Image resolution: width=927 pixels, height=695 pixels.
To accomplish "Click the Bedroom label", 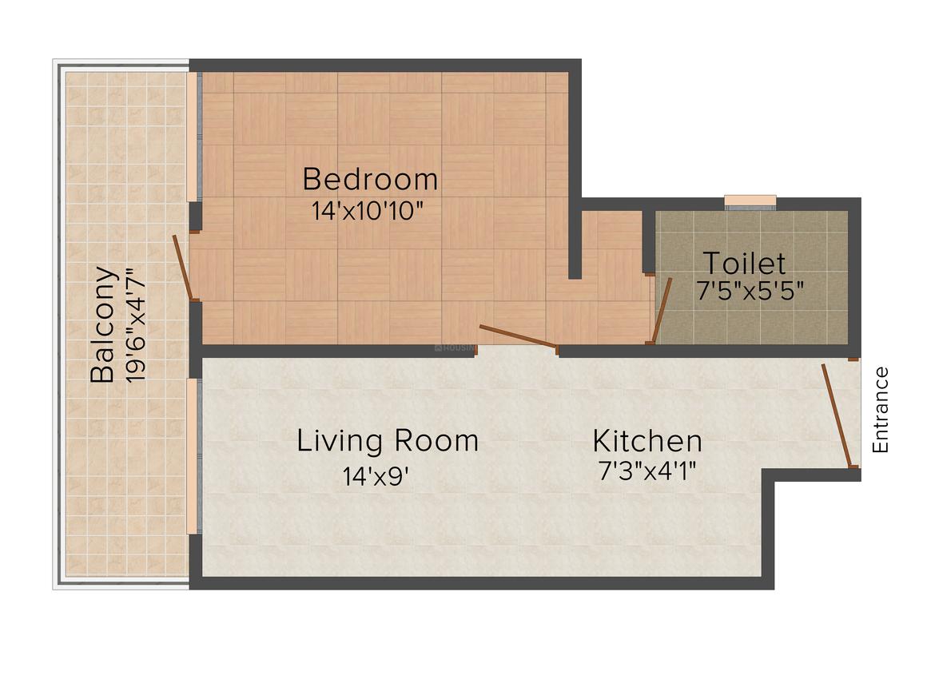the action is pos(370,179).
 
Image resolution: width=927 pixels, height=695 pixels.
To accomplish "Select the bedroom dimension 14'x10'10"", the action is pos(368,211).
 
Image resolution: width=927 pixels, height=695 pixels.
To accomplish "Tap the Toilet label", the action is pos(744,263).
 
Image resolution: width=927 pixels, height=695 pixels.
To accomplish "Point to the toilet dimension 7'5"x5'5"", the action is pos(750,291).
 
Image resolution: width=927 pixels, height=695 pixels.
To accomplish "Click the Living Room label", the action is pos(388,441).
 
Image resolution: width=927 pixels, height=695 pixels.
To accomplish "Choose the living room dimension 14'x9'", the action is pos(376,475).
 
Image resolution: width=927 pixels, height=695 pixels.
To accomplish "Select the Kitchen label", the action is pos(647,441).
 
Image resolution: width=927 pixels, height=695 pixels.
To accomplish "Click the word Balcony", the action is pos(102,324).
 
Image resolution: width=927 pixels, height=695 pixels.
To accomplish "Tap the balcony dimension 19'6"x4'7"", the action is pos(135,326).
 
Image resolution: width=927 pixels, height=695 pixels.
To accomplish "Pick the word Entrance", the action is pos(881,410).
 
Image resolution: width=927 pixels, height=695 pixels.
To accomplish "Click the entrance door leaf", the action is pos(837,415).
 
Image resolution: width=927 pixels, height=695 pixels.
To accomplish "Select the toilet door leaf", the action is pos(662,310).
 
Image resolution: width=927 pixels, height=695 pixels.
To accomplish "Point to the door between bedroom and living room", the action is pos(517,336).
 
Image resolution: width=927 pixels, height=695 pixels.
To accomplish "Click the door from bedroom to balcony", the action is pos(182,268).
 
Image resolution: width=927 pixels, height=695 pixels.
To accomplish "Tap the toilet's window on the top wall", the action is pos(750,202).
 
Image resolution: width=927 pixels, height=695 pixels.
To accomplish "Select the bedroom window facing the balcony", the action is pos(193,137).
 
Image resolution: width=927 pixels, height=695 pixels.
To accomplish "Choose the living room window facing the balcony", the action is pos(193,457).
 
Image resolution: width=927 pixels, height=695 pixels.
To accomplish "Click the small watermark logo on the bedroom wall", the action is pos(454,348).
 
